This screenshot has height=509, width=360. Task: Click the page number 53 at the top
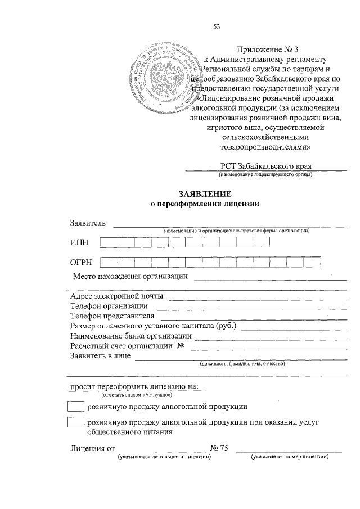point(216,26)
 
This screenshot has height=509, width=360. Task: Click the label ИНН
point(79,242)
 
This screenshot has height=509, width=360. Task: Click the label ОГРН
point(81,262)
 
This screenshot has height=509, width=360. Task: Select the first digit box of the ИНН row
point(109,242)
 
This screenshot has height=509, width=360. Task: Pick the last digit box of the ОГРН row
point(312,262)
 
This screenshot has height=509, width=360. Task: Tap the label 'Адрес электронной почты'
point(117,296)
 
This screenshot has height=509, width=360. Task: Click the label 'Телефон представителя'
point(112,316)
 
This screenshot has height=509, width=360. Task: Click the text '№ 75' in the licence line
point(219,448)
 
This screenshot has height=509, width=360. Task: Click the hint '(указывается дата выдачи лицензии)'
point(164,457)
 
